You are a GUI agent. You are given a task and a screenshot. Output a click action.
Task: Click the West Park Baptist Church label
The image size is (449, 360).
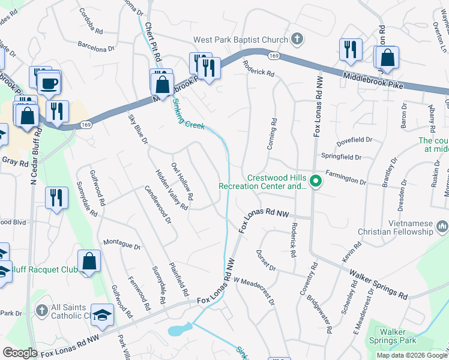point(241,40)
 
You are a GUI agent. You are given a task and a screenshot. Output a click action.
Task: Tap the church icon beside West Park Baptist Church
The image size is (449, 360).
point(296,40)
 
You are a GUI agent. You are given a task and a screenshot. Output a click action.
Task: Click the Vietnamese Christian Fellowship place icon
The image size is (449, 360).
point(442,226)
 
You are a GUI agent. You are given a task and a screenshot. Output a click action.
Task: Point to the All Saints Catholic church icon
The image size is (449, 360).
point(41,311)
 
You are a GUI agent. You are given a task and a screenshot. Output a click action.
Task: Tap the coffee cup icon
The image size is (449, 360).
point(49,82)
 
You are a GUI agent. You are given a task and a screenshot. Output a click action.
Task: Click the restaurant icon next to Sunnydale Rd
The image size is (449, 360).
point(56,197)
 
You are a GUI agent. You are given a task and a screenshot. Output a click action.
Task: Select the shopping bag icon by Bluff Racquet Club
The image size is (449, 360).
point(89,261)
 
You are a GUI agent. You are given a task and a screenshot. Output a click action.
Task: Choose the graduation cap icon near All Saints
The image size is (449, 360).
point(103,315)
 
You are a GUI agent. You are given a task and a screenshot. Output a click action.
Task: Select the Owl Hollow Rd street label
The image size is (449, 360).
point(182,181)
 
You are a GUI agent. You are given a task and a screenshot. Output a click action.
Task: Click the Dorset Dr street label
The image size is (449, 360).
point(265,260)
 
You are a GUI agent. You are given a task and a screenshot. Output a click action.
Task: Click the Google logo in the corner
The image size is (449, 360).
point(20,353)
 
